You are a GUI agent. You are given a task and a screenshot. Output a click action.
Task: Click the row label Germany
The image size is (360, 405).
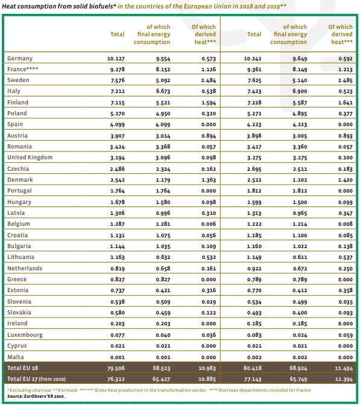tap(20, 58)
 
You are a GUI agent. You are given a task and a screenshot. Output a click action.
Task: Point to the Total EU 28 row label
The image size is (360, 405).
tap(24, 367)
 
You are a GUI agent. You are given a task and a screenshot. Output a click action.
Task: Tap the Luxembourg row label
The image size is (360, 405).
tap(24, 335)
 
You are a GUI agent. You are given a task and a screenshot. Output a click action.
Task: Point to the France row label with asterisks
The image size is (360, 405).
tap(23, 69)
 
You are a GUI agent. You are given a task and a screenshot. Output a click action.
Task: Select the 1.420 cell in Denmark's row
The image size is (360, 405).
tap(344, 180)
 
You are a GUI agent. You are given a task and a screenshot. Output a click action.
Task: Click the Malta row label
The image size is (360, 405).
tap(15, 357)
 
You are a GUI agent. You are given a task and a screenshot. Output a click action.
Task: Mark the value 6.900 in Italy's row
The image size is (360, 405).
tap(300, 92)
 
